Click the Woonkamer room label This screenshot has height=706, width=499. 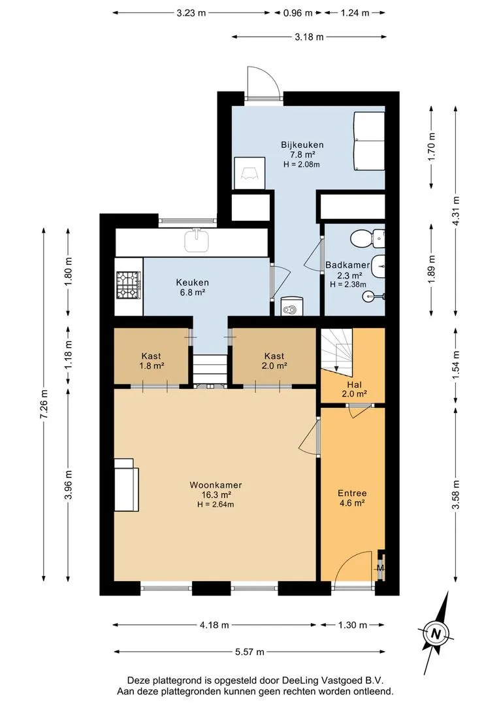[216, 485]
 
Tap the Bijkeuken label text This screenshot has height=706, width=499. [302, 145]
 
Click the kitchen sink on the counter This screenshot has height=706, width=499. [197, 240]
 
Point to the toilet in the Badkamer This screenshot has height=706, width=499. [368, 238]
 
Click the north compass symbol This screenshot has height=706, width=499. [435, 633]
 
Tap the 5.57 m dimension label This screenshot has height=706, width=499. [249, 652]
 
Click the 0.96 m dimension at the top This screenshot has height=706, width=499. [297, 12]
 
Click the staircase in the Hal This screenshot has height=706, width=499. [336, 349]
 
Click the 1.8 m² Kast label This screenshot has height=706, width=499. [151, 361]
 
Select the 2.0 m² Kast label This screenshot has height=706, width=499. [274, 361]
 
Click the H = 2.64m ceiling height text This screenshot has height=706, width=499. [216, 505]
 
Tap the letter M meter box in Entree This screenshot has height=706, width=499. [380, 568]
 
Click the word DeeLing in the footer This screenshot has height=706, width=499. [298, 681]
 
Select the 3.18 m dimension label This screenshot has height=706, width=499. [309, 37]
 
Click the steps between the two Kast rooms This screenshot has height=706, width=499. [209, 369]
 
